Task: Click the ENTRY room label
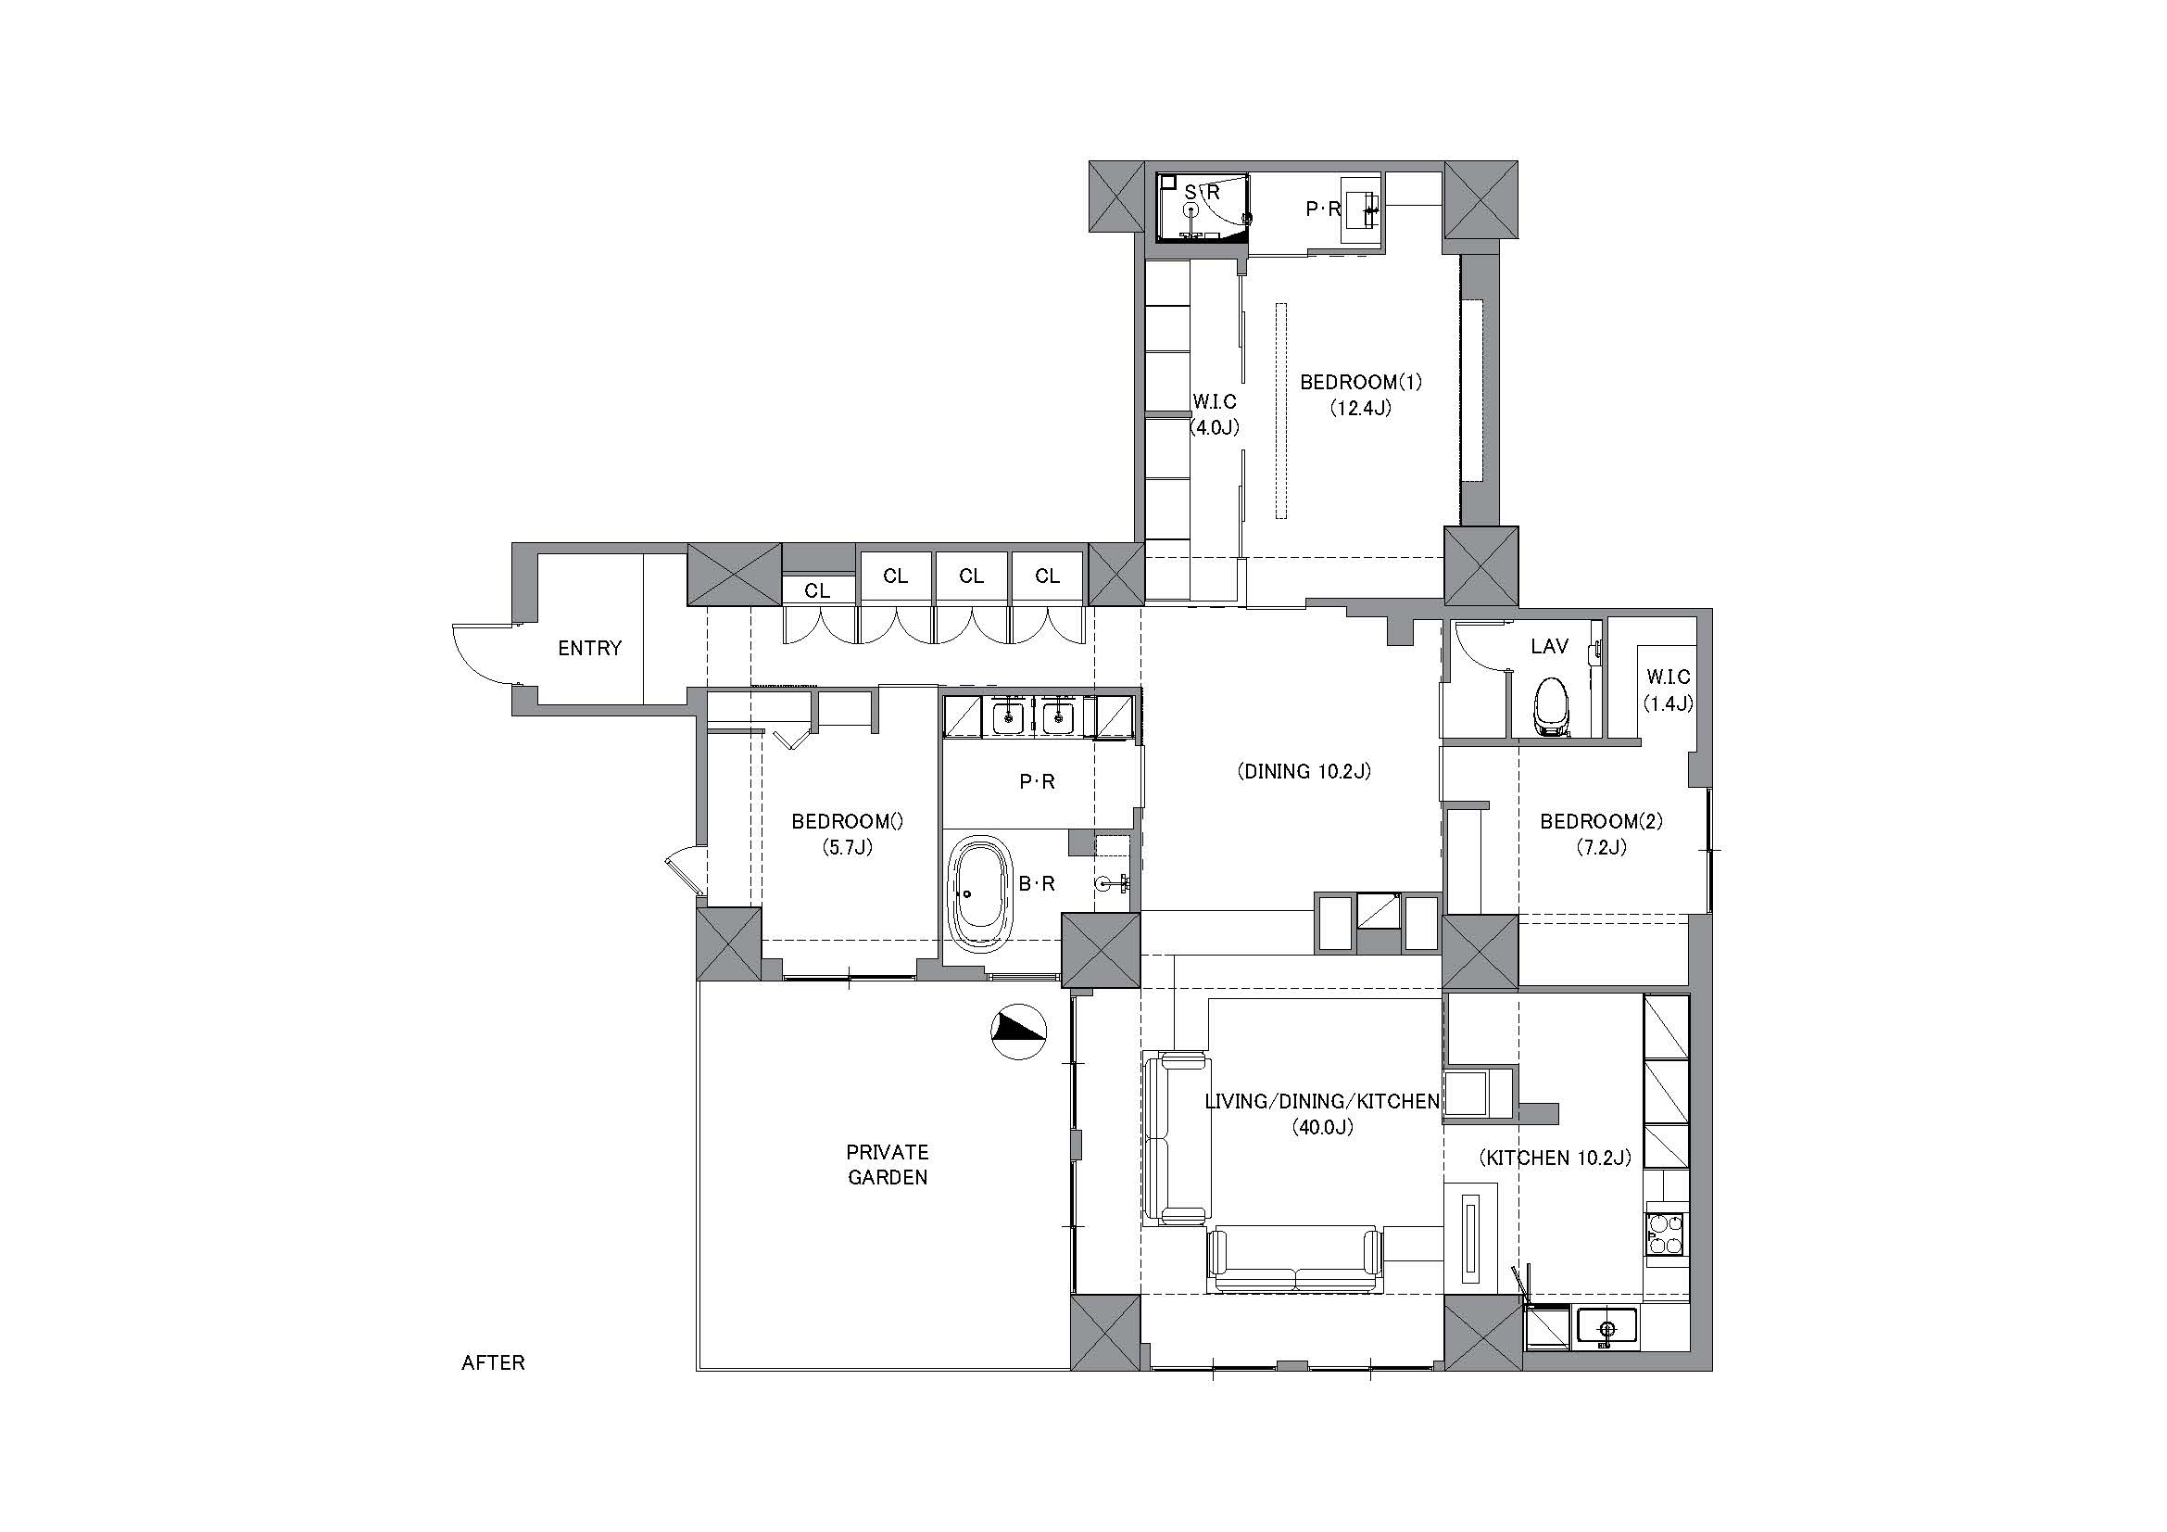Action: point(590,648)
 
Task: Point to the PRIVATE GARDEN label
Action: point(888,1164)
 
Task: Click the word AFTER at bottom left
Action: point(493,1363)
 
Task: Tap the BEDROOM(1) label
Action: point(1361,382)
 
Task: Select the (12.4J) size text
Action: point(1361,409)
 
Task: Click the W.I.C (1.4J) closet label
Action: point(1668,690)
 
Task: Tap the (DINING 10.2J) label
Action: point(1304,771)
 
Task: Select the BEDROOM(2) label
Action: point(1602,821)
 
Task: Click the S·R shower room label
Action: point(1203,193)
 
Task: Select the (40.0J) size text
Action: point(1323,1127)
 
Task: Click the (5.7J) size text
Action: point(848,848)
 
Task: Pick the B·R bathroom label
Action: point(1037,883)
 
